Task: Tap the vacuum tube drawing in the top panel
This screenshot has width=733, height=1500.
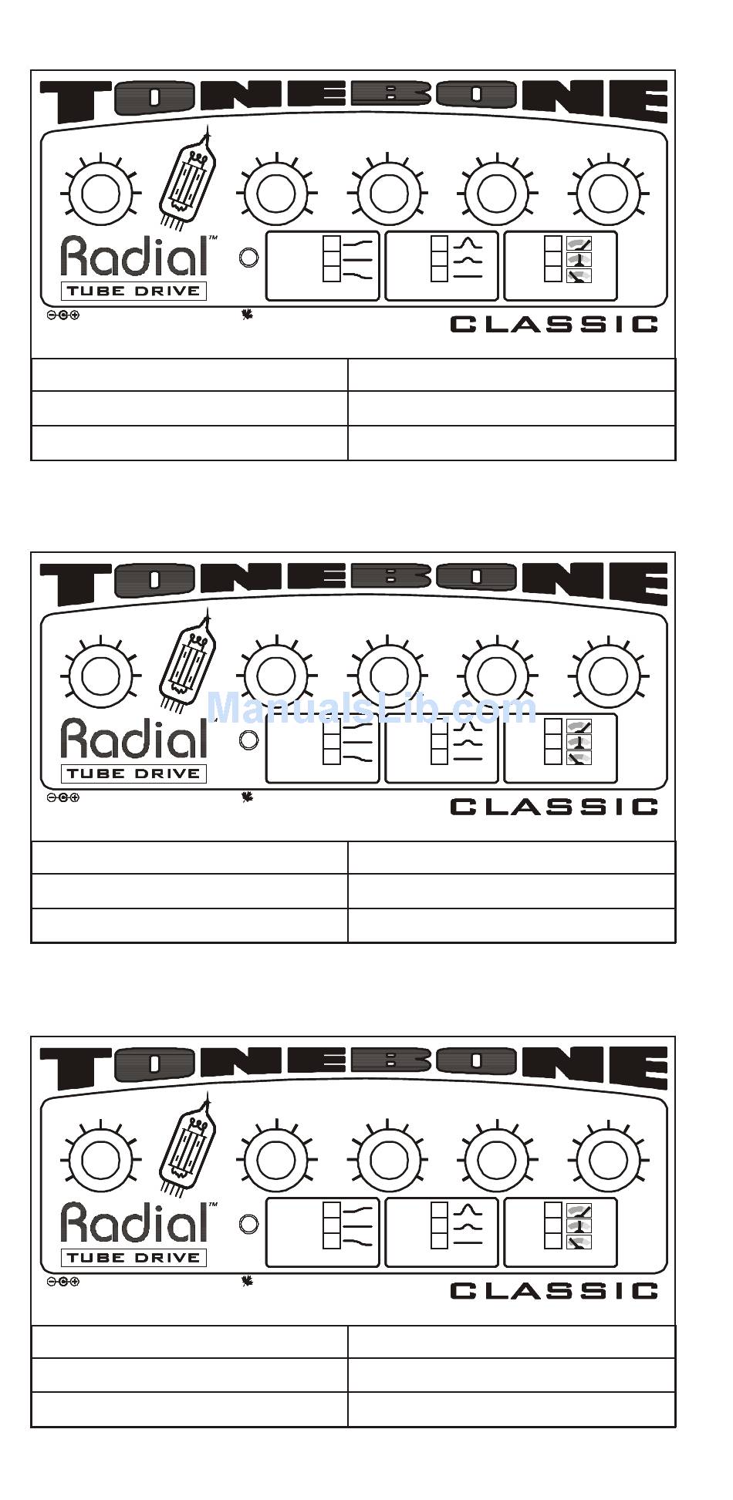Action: tap(187, 179)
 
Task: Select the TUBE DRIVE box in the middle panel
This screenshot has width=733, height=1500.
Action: tap(133, 774)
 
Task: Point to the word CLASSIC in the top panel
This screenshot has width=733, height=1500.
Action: tap(553, 324)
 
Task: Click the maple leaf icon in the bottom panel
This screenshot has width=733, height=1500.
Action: tap(247, 1281)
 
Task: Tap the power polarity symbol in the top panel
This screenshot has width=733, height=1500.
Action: tap(63, 315)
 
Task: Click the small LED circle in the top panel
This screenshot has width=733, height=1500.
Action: tap(248, 258)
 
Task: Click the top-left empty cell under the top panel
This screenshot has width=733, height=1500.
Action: tap(189, 374)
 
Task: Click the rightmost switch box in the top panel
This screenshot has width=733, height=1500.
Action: tap(560, 265)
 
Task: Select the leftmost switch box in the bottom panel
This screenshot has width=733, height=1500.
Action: tap(323, 1232)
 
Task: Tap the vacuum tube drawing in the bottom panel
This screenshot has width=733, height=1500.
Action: tap(187, 1145)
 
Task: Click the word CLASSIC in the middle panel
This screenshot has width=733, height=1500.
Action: tap(553, 807)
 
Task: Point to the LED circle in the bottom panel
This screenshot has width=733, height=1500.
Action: tap(248, 1224)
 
